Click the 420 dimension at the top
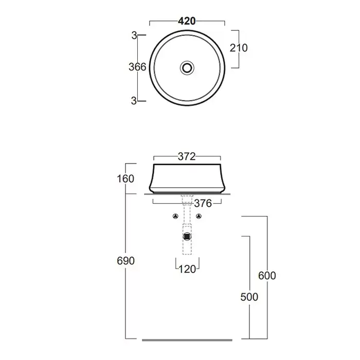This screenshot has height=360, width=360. click(187, 21)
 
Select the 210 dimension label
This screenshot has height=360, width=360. click(239, 48)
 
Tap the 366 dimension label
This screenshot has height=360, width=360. click(137, 67)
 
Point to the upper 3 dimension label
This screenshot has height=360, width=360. click(134, 35)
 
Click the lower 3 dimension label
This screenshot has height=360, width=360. click(134, 101)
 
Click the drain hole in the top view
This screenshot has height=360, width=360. click(187, 68)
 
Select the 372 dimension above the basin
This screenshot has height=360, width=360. click(187, 156)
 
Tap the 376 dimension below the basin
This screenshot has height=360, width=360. click(203, 204)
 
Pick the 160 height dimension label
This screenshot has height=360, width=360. click(125, 179)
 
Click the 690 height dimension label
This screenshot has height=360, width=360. click(125, 261)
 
